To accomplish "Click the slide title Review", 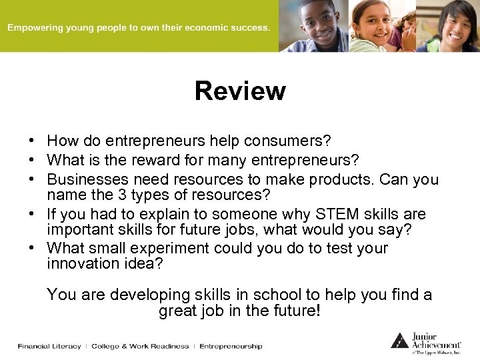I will tap(240, 91).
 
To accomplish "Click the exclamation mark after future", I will tap(318, 311).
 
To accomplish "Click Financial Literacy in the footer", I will tap(49, 346).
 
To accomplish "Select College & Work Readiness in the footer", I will tap(140, 346).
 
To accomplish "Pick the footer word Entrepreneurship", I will tap(231, 346).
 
